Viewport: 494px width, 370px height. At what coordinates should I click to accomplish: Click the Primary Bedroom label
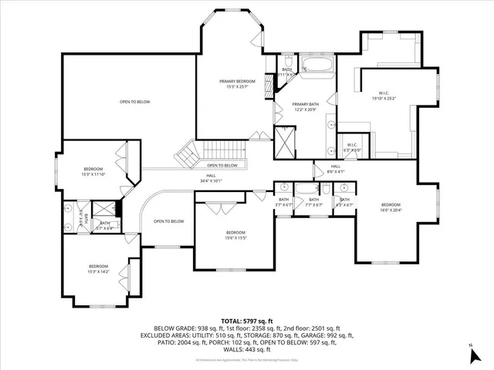tap(237, 83)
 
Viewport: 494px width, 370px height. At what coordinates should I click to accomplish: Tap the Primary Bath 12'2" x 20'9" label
tap(305, 106)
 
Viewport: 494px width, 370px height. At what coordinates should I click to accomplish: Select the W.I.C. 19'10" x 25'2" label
tap(384, 95)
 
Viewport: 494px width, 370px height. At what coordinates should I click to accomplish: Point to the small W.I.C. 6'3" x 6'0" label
tap(352, 147)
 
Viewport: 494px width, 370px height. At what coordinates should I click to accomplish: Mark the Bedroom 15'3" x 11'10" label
tap(93, 171)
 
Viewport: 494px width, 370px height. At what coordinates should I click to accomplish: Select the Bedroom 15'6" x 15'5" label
tap(235, 235)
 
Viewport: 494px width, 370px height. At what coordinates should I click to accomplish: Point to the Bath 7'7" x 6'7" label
tap(314, 202)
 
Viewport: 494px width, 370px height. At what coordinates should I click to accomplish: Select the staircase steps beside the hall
tap(187, 155)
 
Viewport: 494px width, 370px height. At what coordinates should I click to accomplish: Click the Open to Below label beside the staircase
tap(222, 166)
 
